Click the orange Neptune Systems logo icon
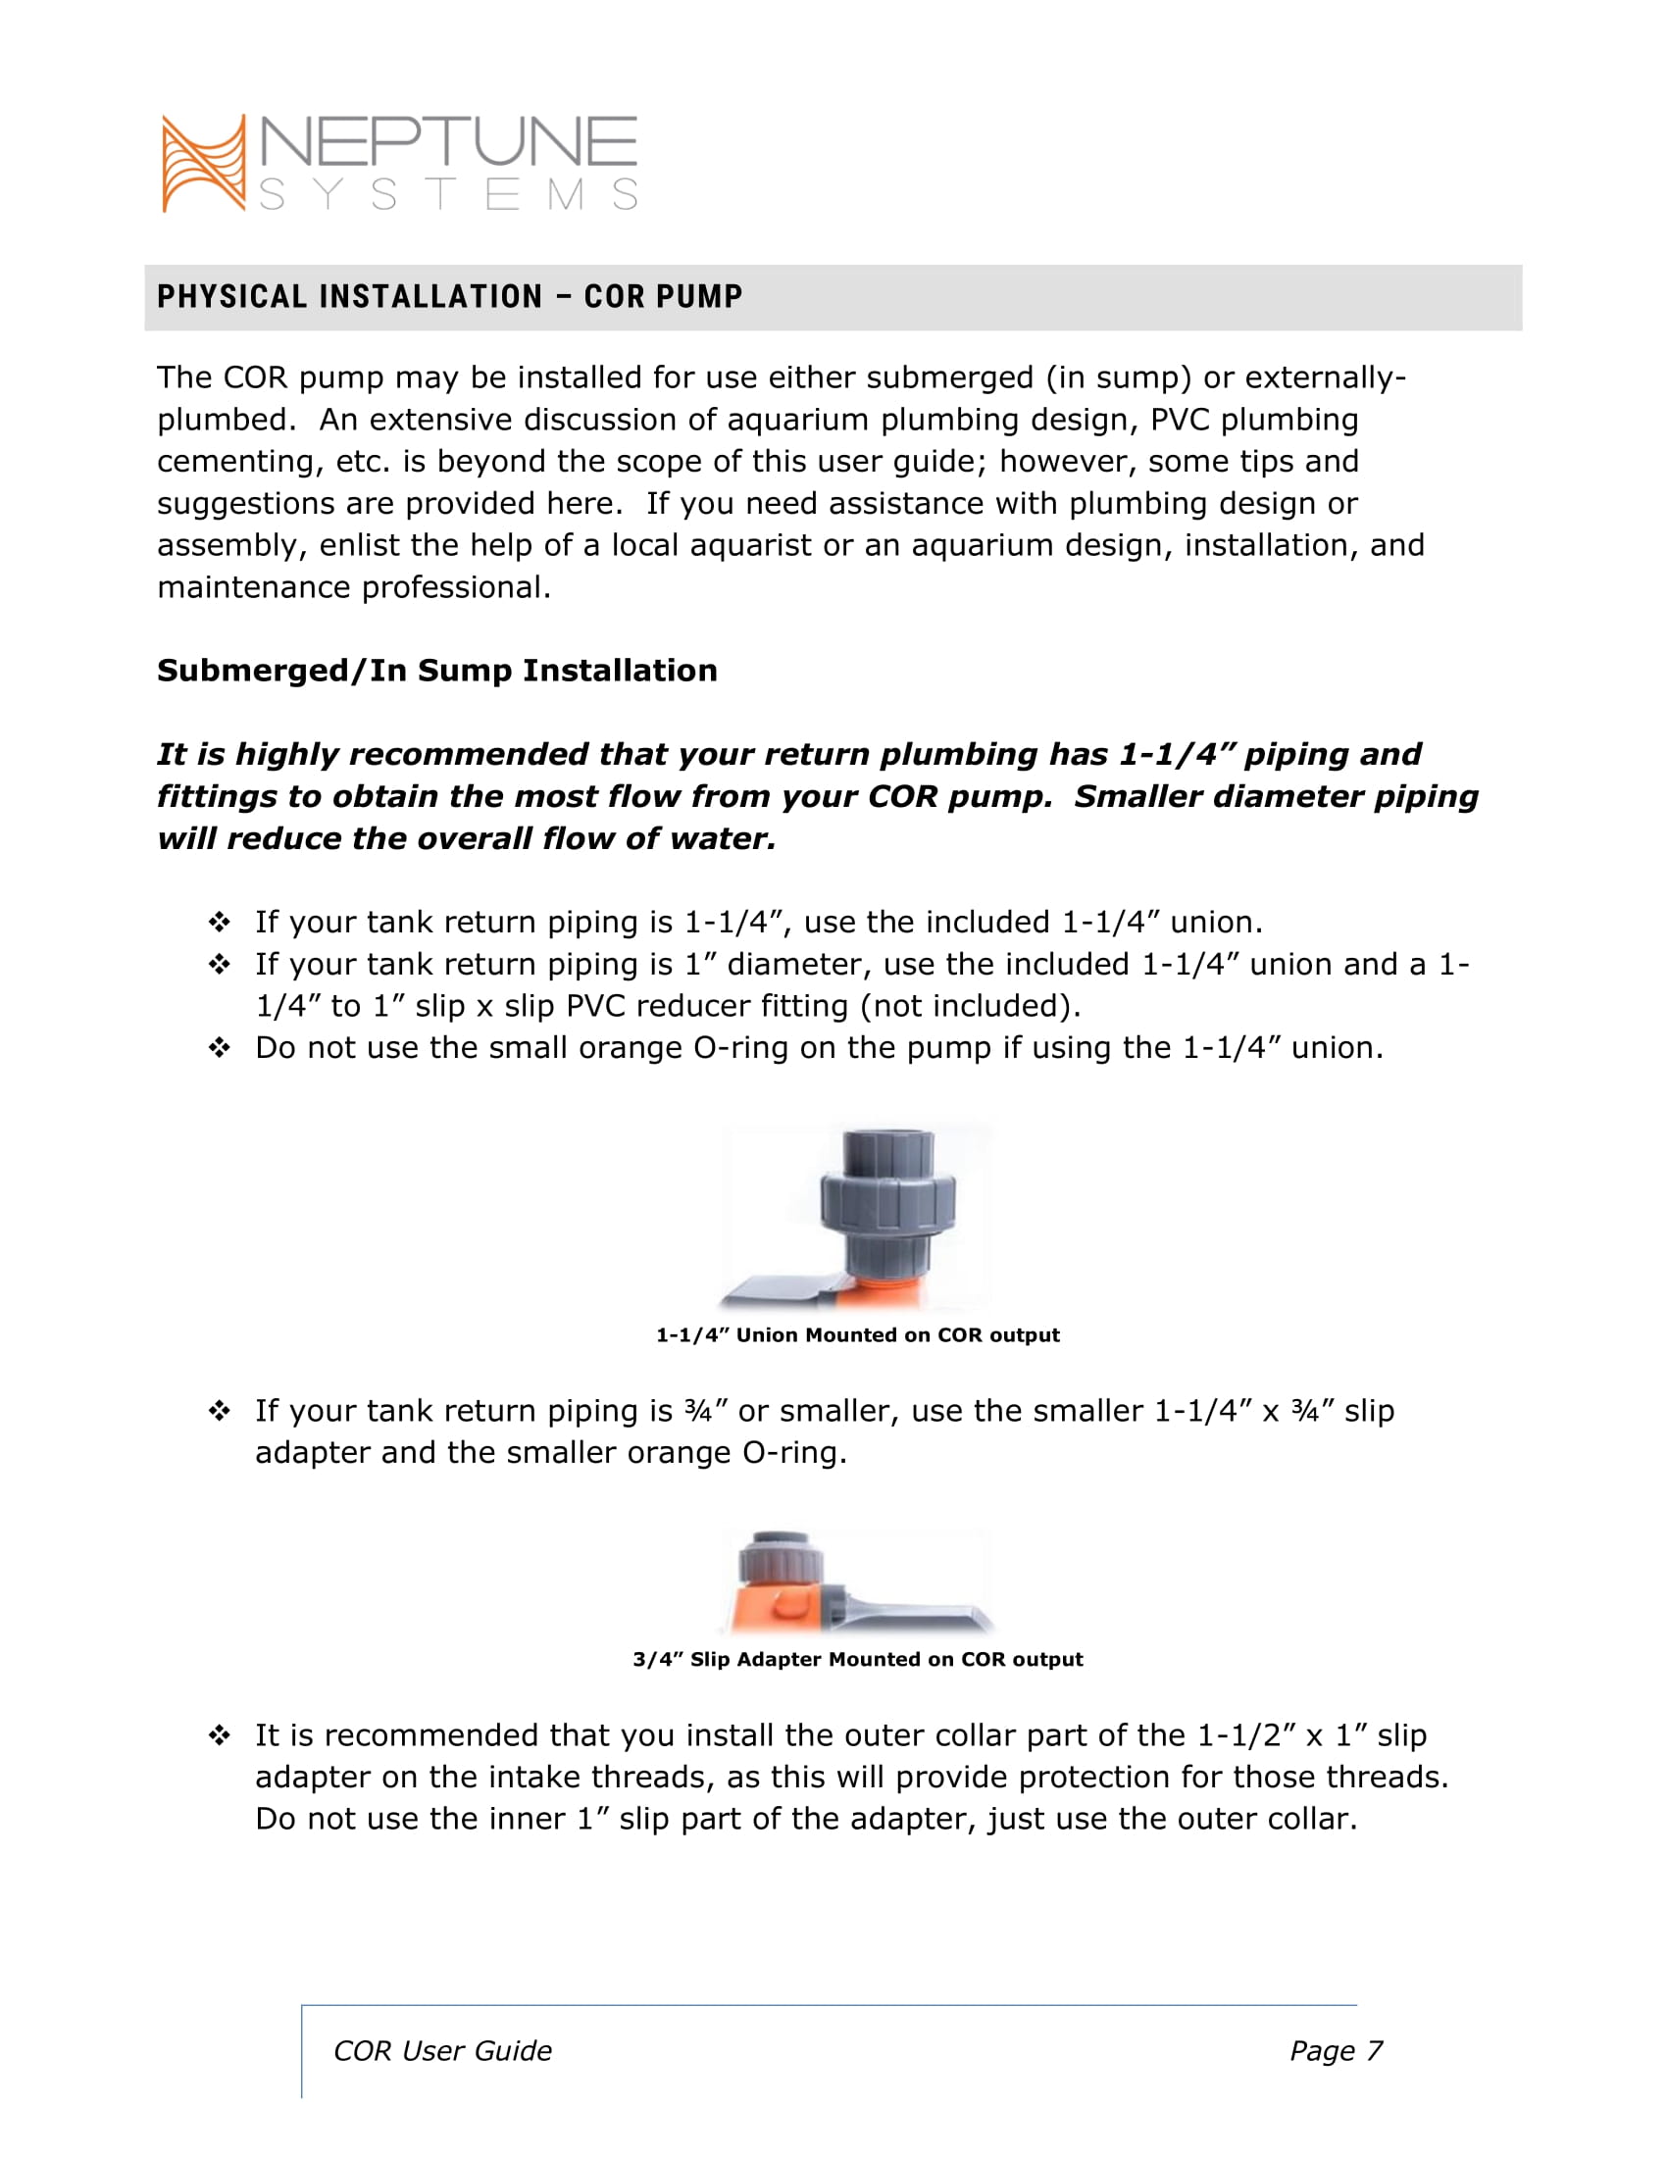[x=203, y=163]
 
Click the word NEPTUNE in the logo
[x=448, y=142]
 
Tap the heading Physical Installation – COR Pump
[x=449, y=296]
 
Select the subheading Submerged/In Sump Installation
[x=436, y=671]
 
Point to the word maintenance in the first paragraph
[x=254, y=587]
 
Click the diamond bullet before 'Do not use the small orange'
[x=220, y=1048]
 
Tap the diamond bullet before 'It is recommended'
[x=220, y=1735]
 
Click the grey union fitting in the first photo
[x=887, y=1206]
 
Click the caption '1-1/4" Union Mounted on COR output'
[x=857, y=1335]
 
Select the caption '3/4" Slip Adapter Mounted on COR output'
[x=857, y=1659]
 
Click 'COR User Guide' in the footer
[x=442, y=2051]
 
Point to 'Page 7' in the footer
[x=1336, y=2051]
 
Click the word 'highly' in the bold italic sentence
[x=285, y=755]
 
